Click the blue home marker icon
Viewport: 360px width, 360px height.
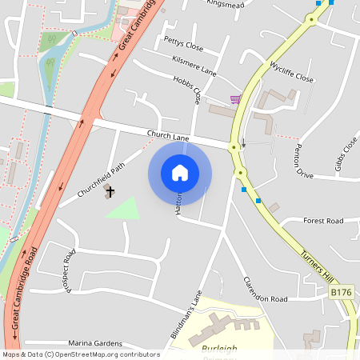point(180,172)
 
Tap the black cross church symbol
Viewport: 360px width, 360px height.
point(110,191)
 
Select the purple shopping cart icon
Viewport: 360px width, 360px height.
point(235,99)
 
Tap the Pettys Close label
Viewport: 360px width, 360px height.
point(183,42)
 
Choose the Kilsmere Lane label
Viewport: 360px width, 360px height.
point(194,65)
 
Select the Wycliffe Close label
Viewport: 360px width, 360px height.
point(291,71)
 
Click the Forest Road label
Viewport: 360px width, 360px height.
point(323,221)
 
